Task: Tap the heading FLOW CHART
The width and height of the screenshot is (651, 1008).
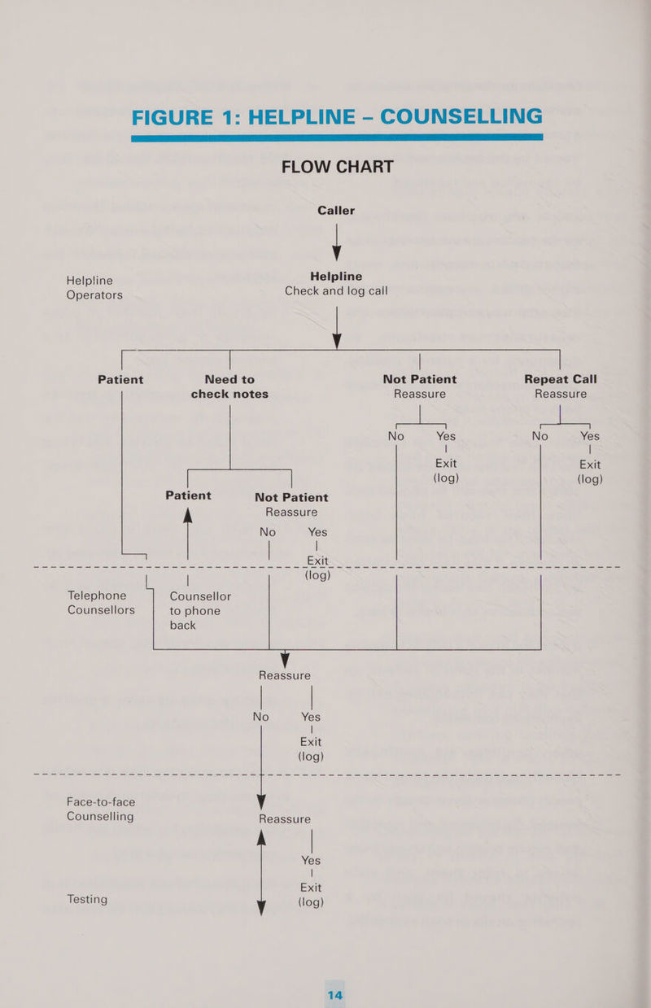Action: tap(337, 167)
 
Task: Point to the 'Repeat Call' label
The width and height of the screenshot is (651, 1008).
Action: tap(561, 379)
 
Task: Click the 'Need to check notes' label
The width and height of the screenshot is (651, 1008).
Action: tap(229, 386)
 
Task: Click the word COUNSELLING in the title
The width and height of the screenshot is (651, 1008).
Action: tap(448, 116)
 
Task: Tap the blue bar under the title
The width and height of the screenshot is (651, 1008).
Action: tap(336, 138)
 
